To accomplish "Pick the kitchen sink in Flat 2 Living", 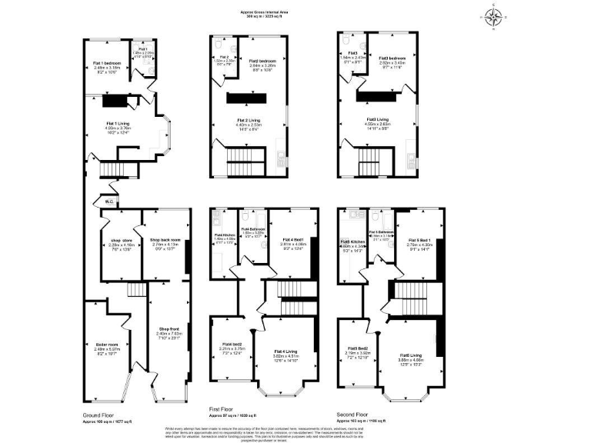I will [x=279, y=162].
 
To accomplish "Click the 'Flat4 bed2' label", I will [x=232, y=344].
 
